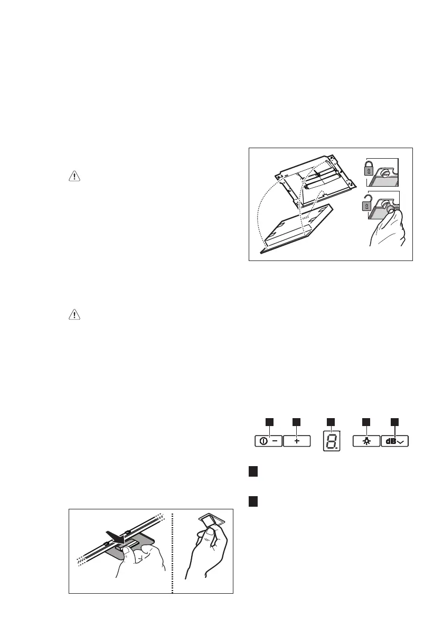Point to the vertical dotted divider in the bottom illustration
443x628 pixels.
pyautogui.click(x=173, y=551)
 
